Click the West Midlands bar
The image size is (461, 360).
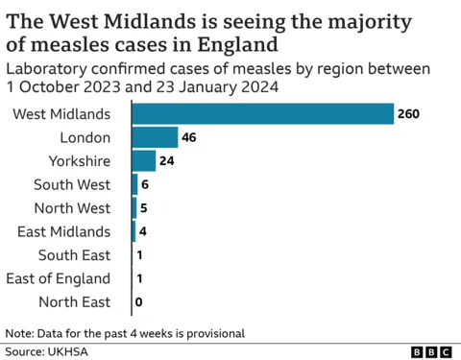(x=262, y=114)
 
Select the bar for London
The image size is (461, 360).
(x=154, y=137)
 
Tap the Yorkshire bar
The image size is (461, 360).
(x=143, y=161)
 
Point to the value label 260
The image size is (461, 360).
(x=408, y=114)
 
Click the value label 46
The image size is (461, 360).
(x=189, y=137)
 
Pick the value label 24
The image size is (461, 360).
(x=167, y=161)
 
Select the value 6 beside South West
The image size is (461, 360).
(x=145, y=184)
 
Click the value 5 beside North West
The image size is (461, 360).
(x=143, y=208)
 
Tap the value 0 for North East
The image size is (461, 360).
(x=139, y=302)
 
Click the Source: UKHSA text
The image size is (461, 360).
(x=43, y=351)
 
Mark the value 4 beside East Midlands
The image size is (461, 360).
(x=143, y=231)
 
